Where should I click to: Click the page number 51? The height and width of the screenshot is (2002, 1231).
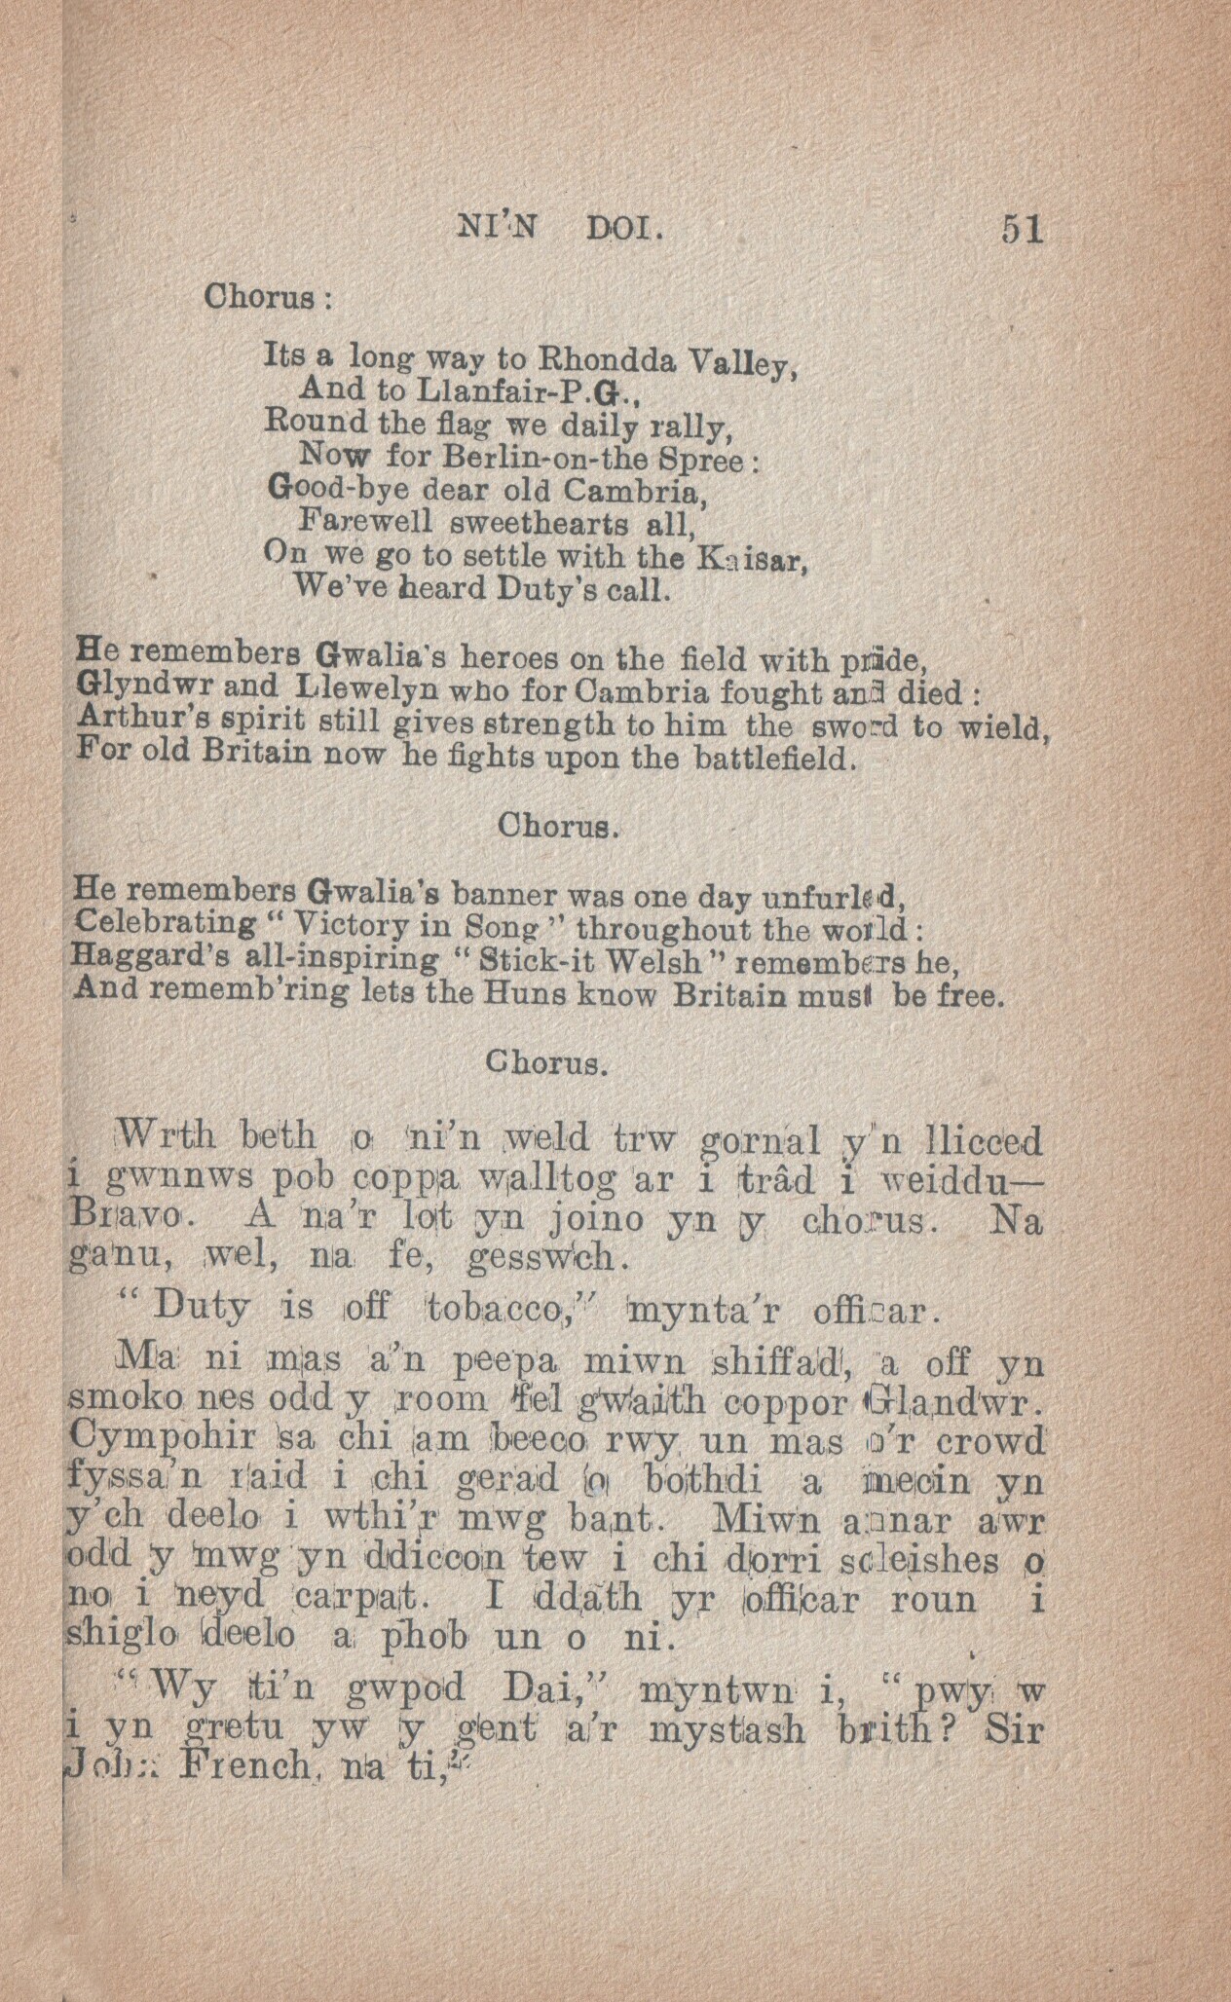pyautogui.click(x=1021, y=230)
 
